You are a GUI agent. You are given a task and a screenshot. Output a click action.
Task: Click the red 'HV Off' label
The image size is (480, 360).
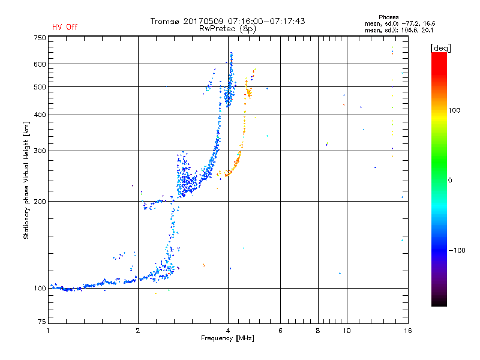click(64, 27)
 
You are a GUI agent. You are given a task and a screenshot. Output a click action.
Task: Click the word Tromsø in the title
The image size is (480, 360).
click(166, 21)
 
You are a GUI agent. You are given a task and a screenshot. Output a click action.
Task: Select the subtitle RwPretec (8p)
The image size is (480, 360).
click(227, 28)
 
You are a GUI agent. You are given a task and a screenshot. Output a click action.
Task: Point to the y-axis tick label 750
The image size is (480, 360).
click(40, 38)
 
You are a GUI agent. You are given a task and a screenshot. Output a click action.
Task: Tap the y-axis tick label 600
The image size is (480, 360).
click(40, 64)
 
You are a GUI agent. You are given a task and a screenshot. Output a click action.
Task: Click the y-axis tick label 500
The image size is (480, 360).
click(40, 87)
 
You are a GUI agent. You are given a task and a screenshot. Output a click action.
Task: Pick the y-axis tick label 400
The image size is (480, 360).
click(40, 115)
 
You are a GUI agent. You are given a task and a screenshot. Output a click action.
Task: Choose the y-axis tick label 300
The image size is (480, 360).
click(40, 151)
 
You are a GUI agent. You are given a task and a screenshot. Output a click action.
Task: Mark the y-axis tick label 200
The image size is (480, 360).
click(40, 202)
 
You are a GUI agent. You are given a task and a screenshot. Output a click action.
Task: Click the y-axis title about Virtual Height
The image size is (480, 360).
click(26, 180)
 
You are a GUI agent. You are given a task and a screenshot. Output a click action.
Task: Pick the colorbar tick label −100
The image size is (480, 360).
click(458, 250)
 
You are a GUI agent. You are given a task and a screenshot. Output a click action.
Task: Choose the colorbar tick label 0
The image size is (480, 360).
click(451, 180)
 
